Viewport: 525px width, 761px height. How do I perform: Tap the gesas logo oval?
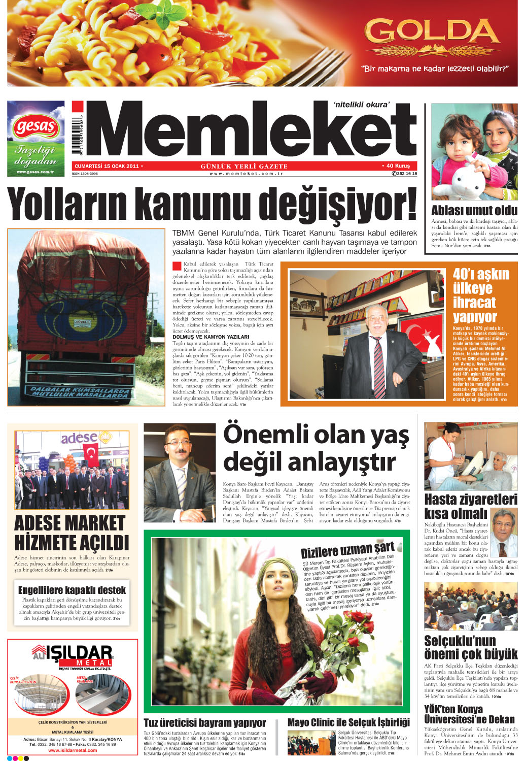coord(36,126)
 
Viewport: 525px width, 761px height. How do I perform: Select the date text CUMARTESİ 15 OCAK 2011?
coord(107,166)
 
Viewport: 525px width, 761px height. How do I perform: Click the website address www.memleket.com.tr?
coord(246,174)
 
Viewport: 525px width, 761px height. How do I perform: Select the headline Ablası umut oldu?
coord(474,211)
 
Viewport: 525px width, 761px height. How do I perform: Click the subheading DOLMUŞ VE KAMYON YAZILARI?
coord(211,337)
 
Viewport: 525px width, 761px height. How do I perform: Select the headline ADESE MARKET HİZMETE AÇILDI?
coord(72,533)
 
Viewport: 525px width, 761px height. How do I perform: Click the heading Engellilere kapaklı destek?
coord(72,590)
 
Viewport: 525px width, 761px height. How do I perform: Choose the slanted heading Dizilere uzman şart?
coord(347,550)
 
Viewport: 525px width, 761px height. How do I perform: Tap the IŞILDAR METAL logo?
coord(73,655)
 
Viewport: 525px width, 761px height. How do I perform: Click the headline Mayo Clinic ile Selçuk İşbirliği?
coord(348,722)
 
